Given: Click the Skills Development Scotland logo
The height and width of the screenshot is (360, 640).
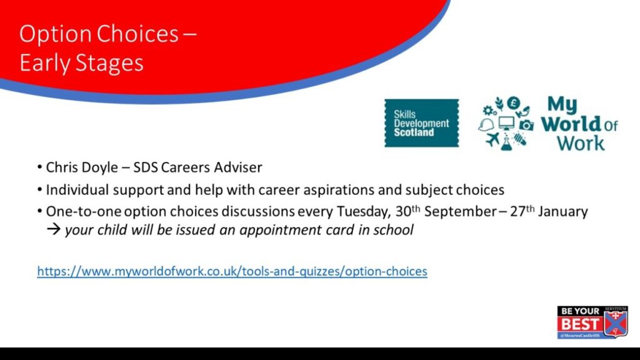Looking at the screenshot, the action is (422, 123).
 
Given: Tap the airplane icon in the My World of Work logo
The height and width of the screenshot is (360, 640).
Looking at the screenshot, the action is (492, 139).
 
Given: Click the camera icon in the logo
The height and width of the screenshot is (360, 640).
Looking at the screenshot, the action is (526, 125).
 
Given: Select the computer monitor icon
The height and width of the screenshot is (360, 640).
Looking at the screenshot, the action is (506, 123).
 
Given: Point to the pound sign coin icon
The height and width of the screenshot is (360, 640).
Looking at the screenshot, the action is (514, 103).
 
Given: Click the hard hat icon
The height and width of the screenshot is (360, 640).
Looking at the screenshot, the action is (486, 125).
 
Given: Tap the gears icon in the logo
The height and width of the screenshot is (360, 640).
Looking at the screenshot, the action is (489, 110).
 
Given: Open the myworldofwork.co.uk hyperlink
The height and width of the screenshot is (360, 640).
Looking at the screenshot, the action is (232, 271).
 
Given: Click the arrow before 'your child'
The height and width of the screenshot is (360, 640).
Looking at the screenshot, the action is (54, 229).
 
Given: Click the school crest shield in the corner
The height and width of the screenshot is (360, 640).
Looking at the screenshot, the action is (616, 322).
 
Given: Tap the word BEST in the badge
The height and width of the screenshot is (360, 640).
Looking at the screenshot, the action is (579, 324).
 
